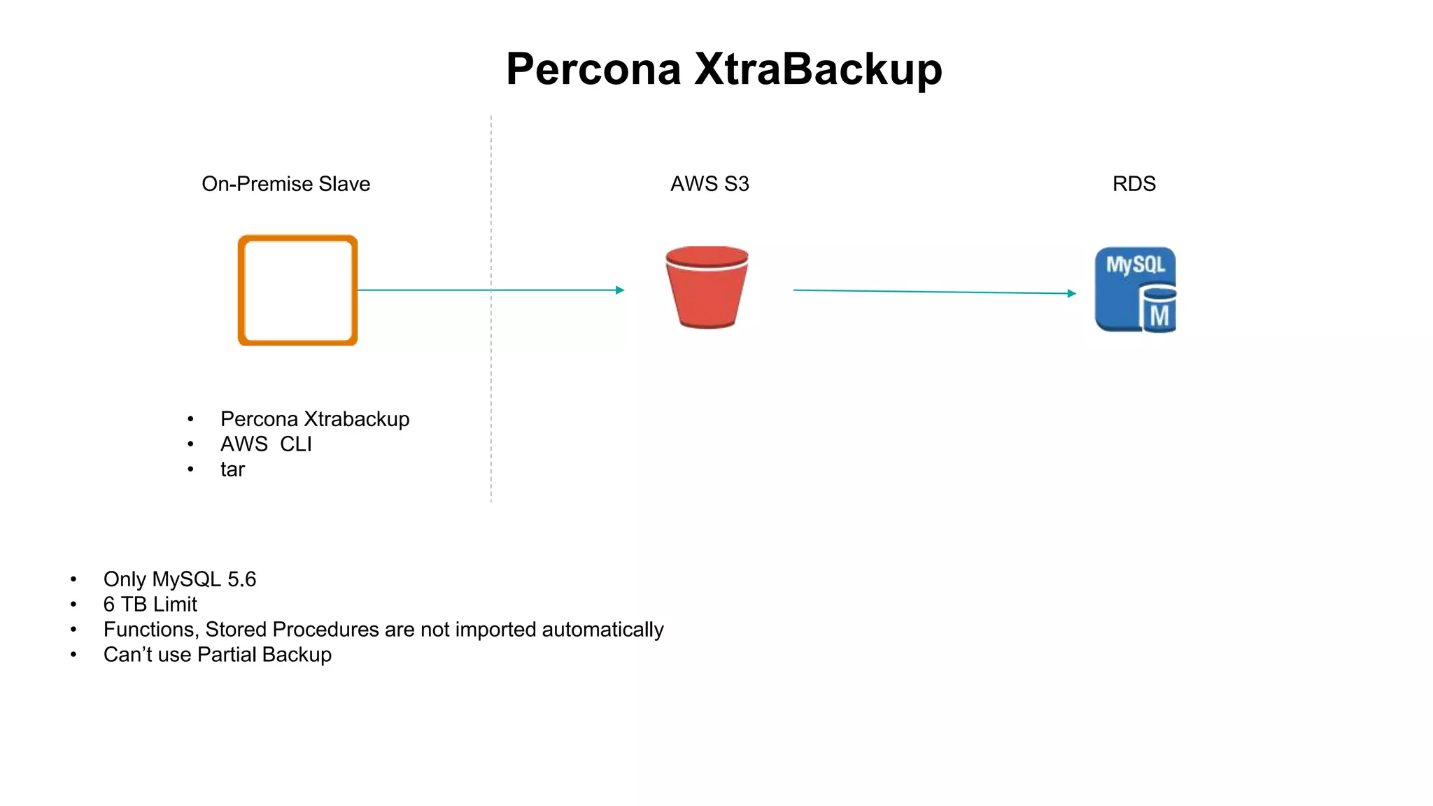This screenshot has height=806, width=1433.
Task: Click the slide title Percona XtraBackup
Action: pyautogui.click(x=723, y=69)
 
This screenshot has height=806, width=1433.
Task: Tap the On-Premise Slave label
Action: pyautogui.click(x=285, y=184)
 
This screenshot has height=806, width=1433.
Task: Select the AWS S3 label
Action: pyautogui.click(x=710, y=184)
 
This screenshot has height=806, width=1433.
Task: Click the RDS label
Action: pyautogui.click(x=1134, y=184)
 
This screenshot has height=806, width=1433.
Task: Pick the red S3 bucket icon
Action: pyautogui.click(x=707, y=288)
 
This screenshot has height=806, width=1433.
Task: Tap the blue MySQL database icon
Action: pyautogui.click(x=1134, y=289)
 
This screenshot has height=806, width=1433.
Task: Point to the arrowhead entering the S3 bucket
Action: pyautogui.click(x=620, y=290)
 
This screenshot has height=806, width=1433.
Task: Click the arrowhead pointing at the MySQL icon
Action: pyautogui.click(x=1072, y=293)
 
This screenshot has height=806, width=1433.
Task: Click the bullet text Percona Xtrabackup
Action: pyautogui.click(x=315, y=419)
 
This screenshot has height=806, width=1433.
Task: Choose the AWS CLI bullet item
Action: pyautogui.click(x=266, y=444)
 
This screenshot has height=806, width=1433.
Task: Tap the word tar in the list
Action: pyautogui.click(x=232, y=469)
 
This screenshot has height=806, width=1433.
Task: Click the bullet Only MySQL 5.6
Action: pyautogui.click(x=180, y=579)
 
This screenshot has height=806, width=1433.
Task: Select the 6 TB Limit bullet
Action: pyautogui.click(x=150, y=604)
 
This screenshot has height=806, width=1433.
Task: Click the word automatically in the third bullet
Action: pyautogui.click(x=602, y=630)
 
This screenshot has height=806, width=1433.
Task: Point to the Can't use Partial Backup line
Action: pyautogui.click(x=218, y=655)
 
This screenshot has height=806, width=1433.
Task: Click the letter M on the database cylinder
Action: pyautogui.click(x=1159, y=316)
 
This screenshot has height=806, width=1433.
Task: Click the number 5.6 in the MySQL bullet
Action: pyautogui.click(x=242, y=579)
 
